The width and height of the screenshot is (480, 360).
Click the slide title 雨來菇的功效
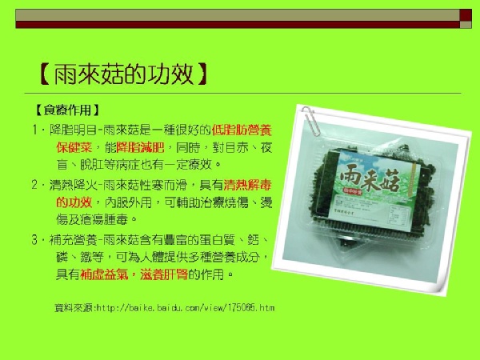[124, 74]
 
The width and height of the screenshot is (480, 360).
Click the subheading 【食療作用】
[67, 110]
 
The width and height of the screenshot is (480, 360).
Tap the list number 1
[35, 130]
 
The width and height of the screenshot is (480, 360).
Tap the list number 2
[35, 185]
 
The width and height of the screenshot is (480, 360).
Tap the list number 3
[34, 239]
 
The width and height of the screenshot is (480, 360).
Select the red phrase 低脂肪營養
[242, 130]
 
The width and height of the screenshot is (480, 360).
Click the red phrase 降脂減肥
[141, 147]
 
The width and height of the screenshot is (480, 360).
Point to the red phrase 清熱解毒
[248, 185]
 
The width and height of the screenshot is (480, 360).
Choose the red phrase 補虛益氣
[104, 274]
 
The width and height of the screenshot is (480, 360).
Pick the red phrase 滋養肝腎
[164, 274]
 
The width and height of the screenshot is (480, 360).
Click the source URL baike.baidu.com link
[186, 307]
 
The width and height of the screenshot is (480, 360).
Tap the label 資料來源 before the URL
[74, 307]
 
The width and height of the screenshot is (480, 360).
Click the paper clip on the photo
[310, 121]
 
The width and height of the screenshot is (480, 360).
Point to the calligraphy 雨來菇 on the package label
[370, 180]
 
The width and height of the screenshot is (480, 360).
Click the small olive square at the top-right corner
[466, 25]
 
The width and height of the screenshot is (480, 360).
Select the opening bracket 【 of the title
[44, 74]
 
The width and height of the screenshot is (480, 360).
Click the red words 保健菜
[74, 147]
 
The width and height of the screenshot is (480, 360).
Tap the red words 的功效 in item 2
[74, 202]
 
